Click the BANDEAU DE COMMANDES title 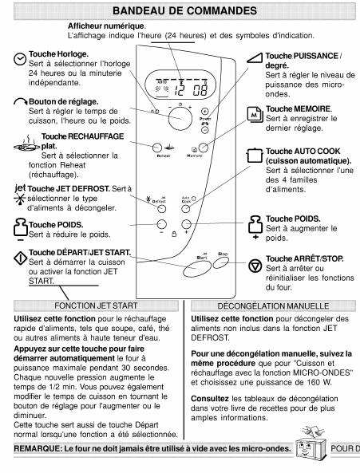pyautogui.click(x=184, y=11)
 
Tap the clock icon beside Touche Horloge pyautogui.click(x=20, y=59)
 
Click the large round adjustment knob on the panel pyautogui.click(x=180, y=118)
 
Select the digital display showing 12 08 pyautogui.click(x=180, y=86)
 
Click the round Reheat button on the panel pyautogui.click(x=157, y=148)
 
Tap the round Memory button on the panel pyautogui.click(x=204, y=148)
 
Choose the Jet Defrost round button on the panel pyautogui.click(x=162, y=208)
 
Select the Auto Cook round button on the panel pyautogui.click(x=185, y=208)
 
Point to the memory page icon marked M pyautogui.click(x=255, y=115)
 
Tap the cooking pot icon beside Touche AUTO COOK pyautogui.click(x=255, y=156)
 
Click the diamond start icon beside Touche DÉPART pyautogui.click(x=21, y=258)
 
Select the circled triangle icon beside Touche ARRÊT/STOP pyautogui.click(x=255, y=266)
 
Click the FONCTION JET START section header pyautogui.click(x=96, y=305)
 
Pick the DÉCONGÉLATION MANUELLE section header pyautogui.click(x=273, y=305)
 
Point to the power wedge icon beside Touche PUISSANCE pyautogui.click(x=255, y=58)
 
